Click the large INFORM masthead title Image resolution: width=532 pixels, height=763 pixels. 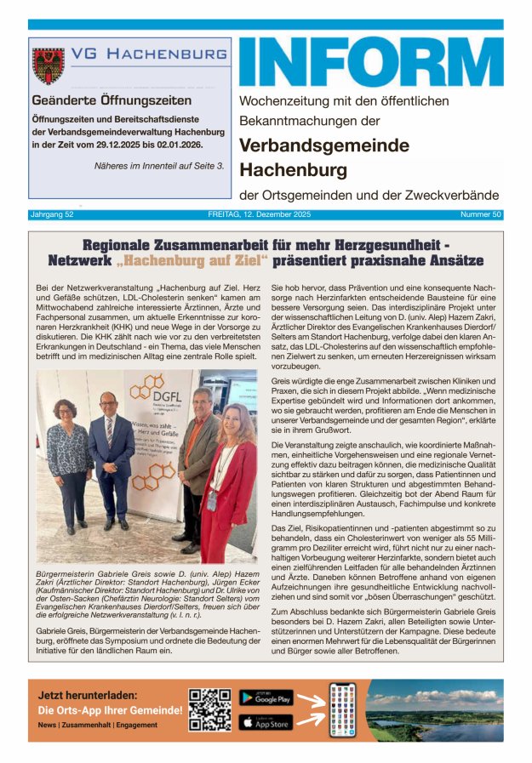coord(370,62)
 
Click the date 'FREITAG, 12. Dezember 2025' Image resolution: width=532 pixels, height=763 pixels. coord(265,214)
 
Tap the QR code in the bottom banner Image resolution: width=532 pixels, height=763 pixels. coord(209,709)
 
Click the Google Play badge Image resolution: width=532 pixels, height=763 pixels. coord(266,698)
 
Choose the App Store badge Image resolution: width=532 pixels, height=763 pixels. coord(266,722)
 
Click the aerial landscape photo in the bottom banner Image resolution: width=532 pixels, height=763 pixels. coord(434,709)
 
